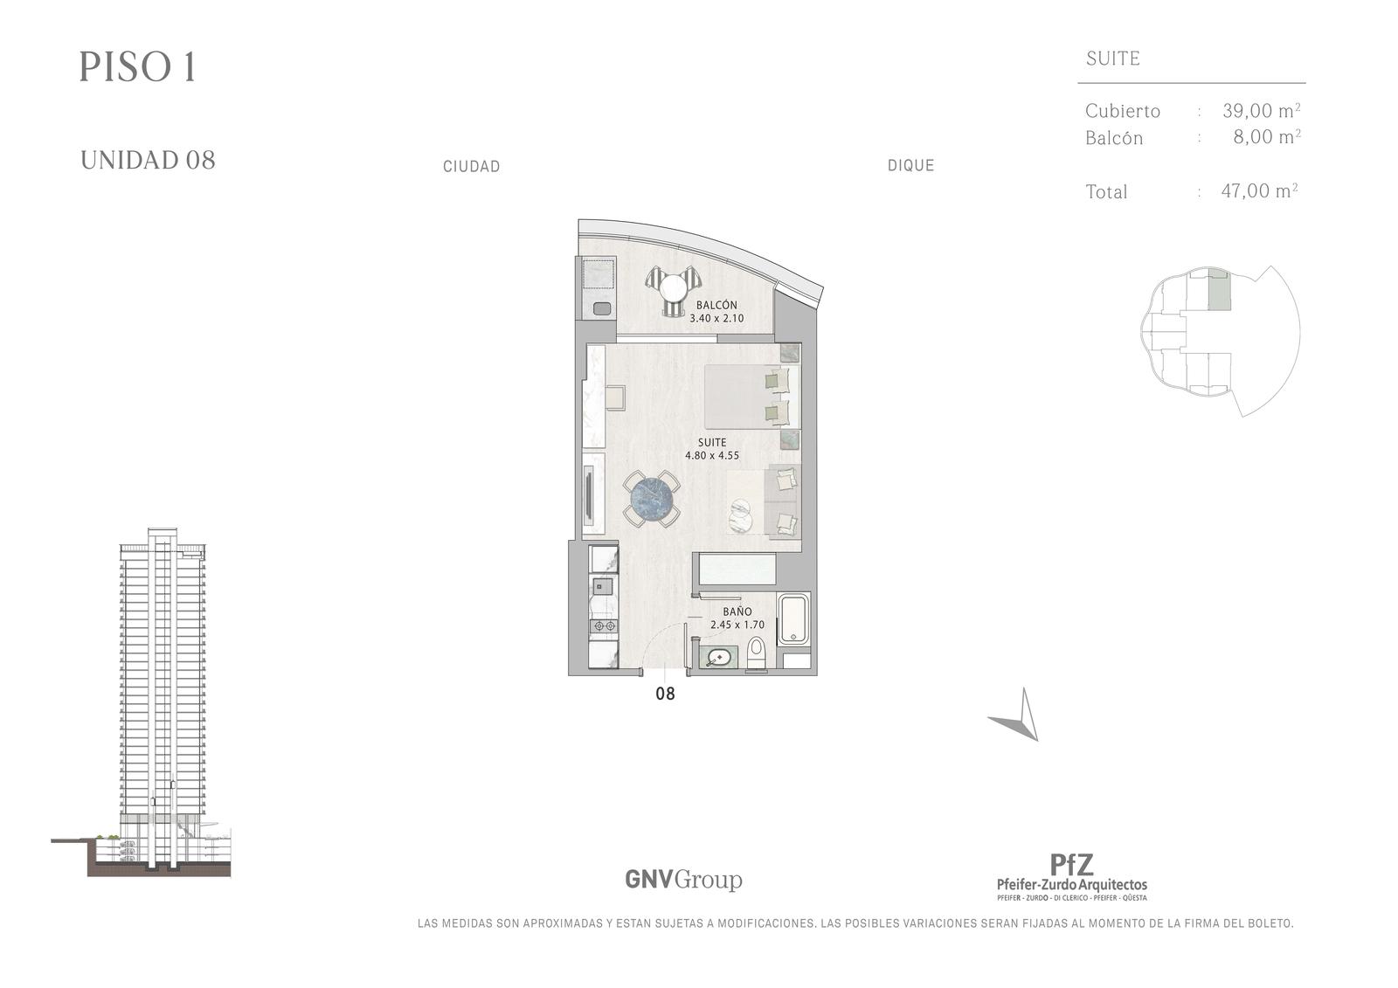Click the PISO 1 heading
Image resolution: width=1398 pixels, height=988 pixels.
coord(138,66)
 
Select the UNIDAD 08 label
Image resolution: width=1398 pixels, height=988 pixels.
coord(148,161)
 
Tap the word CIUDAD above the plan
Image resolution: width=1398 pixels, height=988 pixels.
coord(471,167)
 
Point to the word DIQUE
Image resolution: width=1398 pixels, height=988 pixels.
coord(910,165)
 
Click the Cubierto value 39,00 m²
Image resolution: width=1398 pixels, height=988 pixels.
coord(1262,110)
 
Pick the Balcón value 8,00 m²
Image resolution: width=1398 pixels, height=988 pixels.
coord(1267,136)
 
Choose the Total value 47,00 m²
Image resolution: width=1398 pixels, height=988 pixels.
coord(1259,190)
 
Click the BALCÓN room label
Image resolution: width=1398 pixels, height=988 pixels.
coord(716,305)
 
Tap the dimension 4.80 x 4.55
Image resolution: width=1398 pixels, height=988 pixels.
coord(712,456)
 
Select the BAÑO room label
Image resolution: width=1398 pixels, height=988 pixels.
coord(737,611)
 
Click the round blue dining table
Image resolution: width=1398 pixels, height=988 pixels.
coord(653,500)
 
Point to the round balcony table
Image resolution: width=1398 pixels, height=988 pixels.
coord(673,287)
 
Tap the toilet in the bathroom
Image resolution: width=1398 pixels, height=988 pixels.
coord(757,653)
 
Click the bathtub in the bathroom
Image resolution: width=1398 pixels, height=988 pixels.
coord(793,618)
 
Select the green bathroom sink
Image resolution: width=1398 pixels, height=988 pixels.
coord(720,658)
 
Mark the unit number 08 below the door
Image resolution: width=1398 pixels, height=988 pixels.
coord(665,694)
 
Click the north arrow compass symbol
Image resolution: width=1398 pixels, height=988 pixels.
coord(1017,716)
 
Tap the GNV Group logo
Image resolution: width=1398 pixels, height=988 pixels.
coord(683,880)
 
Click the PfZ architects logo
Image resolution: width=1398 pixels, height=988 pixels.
coord(1071,876)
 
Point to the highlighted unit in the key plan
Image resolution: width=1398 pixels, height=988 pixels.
coord(1219,291)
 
